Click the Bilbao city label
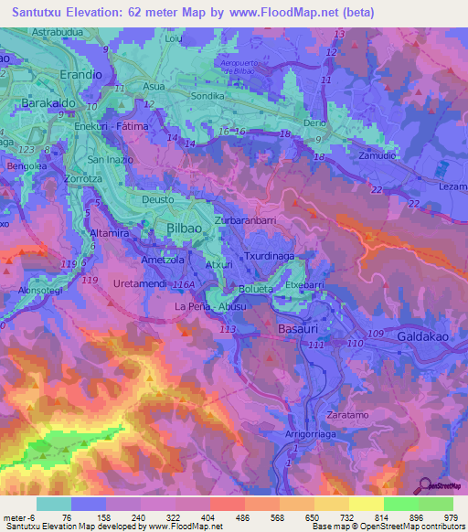pos(189,228)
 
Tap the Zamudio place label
pos(378,155)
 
